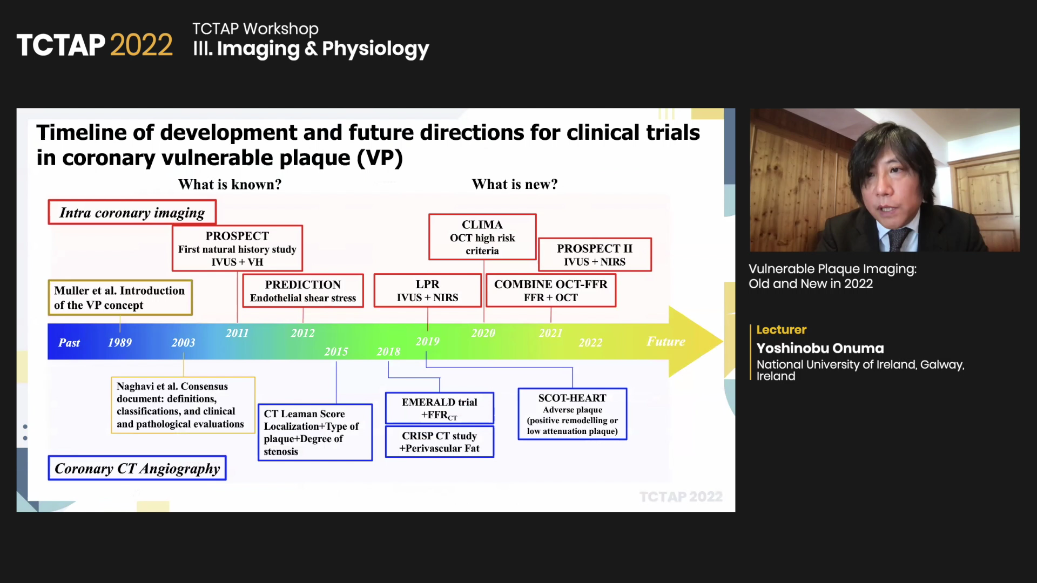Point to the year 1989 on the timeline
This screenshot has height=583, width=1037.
[x=120, y=342]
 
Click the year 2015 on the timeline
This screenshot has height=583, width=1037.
[x=336, y=351]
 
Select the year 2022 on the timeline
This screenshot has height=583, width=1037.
[x=590, y=343]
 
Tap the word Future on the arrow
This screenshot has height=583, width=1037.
[x=666, y=341]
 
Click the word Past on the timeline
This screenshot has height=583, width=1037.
[x=69, y=343]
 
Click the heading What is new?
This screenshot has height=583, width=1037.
[x=515, y=184]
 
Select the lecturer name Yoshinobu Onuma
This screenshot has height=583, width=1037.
[x=820, y=348]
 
